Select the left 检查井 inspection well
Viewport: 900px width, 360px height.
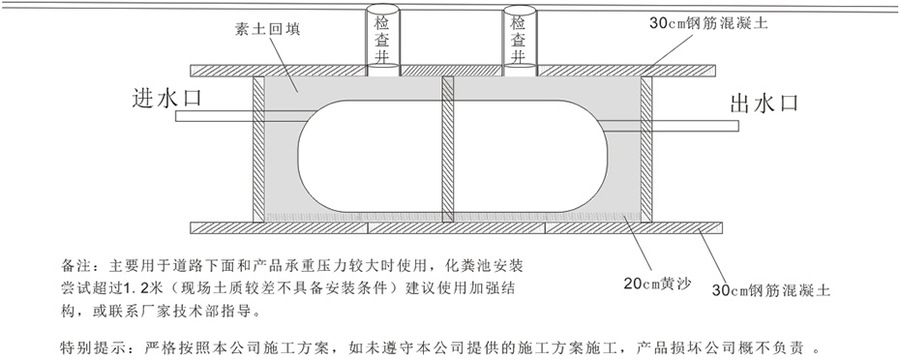377,42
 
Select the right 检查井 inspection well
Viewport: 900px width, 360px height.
521,42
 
